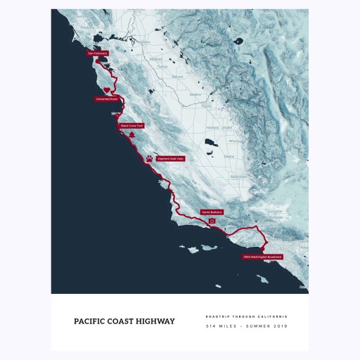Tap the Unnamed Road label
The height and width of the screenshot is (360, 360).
pyautogui.click(x=106, y=99)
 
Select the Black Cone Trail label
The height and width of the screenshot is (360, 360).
pyautogui.click(x=131, y=125)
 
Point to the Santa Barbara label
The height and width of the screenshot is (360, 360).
pyautogui.click(x=212, y=211)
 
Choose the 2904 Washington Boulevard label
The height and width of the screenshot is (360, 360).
pyautogui.click(x=262, y=257)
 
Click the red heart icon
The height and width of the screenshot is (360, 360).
pyautogui.click(x=106, y=90)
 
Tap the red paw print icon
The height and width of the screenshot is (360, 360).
pyautogui.click(x=150, y=159)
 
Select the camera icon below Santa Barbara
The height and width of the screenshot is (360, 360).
pyautogui.click(x=212, y=221)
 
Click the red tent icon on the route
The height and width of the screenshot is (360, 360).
pyautogui.click(x=131, y=134)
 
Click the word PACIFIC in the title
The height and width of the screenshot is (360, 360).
pyautogui.click(x=90, y=321)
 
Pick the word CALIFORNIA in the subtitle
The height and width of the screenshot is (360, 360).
pyautogui.click(x=273, y=316)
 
